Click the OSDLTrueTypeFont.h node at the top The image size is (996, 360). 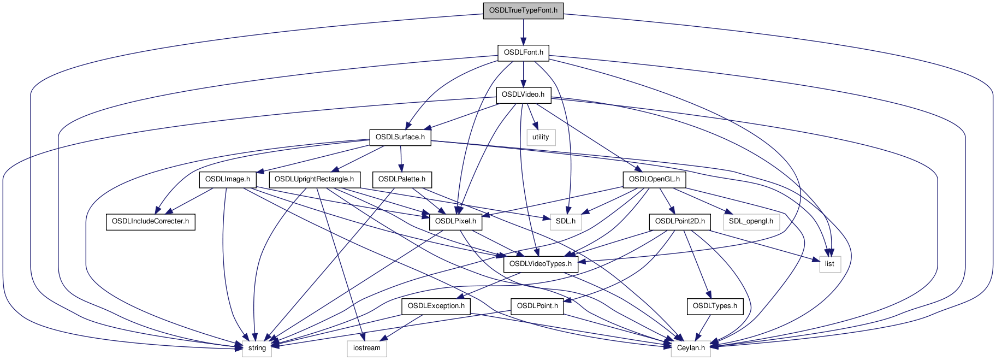click(x=523, y=10)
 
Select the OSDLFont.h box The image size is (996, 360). click(x=523, y=52)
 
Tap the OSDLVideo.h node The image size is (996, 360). click(x=523, y=95)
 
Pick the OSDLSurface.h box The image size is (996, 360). click(x=400, y=137)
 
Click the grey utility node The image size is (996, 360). click(x=541, y=137)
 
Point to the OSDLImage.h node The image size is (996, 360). click(x=228, y=179)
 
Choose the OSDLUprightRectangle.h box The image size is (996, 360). click(x=314, y=179)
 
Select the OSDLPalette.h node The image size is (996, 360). click(x=401, y=179)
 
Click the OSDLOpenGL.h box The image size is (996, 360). click(x=654, y=179)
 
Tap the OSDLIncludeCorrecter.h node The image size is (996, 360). click(x=150, y=221)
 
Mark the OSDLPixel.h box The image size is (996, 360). click(x=456, y=221)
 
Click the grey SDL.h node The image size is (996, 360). click(x=566, y=221)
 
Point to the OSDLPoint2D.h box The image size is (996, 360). click(x=680, y=221)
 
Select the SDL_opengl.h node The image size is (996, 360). click(x=751, y=221)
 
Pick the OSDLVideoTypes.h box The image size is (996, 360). click(x=540, y=264)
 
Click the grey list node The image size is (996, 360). click(x=829, y=264)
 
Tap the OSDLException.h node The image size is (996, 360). click(x=436, y=306)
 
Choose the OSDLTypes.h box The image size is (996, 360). click(x=715, y=306)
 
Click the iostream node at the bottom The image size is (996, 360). click(x=366, y=348)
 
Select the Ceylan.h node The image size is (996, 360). click(x=691, y=348)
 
